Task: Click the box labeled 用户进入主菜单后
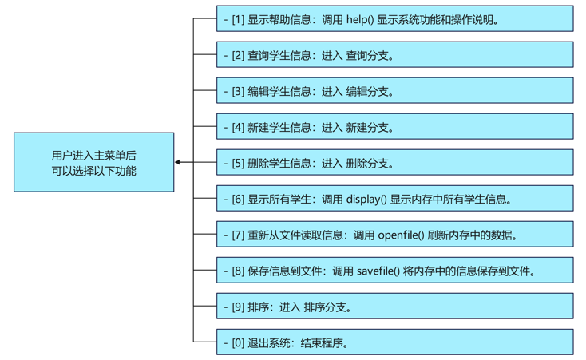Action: (x=93, y=162)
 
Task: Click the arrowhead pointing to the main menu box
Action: (x=178, y=162)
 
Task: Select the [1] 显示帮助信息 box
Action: (x=394, y=19)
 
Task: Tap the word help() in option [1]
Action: (x=360, y=19)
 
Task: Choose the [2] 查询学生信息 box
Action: (x=394, y=55)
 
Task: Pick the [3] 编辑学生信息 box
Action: (x=394, y=91)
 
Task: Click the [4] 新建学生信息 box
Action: (x=394, y=127)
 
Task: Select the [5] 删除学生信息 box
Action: (x=394, y=163)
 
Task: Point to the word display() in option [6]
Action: (x=366, y=199)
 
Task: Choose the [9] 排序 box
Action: (x=394, y=307)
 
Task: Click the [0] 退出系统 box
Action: (x=394, y=342)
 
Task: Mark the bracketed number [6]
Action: (x=238, y=199)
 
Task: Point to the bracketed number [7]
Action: (x=238, y=235)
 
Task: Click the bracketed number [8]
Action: (x=238, y=271)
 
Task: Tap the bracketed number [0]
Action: (x=238, y=342)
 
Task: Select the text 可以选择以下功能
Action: (x=93, y=171)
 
